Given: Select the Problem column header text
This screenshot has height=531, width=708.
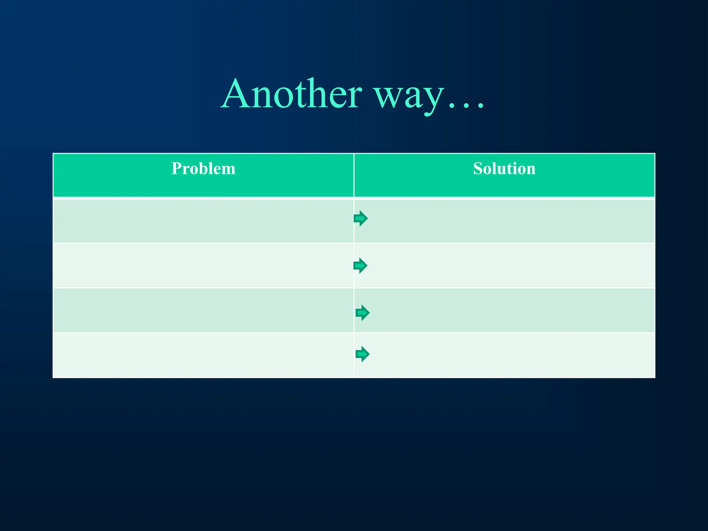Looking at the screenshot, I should click(x=203, y=169).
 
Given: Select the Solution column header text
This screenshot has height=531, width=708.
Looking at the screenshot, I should click(x=504, y=169).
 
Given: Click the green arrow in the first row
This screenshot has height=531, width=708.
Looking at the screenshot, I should click(x=361, y=218).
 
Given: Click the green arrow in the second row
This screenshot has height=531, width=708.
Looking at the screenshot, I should click(x=361, y=265).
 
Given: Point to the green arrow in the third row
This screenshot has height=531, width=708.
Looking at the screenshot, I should click(x=363, y=313).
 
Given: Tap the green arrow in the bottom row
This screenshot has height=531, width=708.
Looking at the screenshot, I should click(x=363, y=354).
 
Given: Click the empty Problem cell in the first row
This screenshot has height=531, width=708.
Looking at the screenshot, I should click(x=203, y=221).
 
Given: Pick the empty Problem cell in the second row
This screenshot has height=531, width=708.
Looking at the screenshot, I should click(x=203, y=265).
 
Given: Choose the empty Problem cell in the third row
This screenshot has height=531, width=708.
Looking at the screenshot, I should click(x=203, y=310).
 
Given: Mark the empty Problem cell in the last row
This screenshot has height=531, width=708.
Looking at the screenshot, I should click(x=203, y=355).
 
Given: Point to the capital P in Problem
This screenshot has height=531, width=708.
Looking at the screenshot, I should click(x=177, y=169).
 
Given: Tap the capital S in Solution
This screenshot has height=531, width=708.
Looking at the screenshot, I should click(x=478, y=169).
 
